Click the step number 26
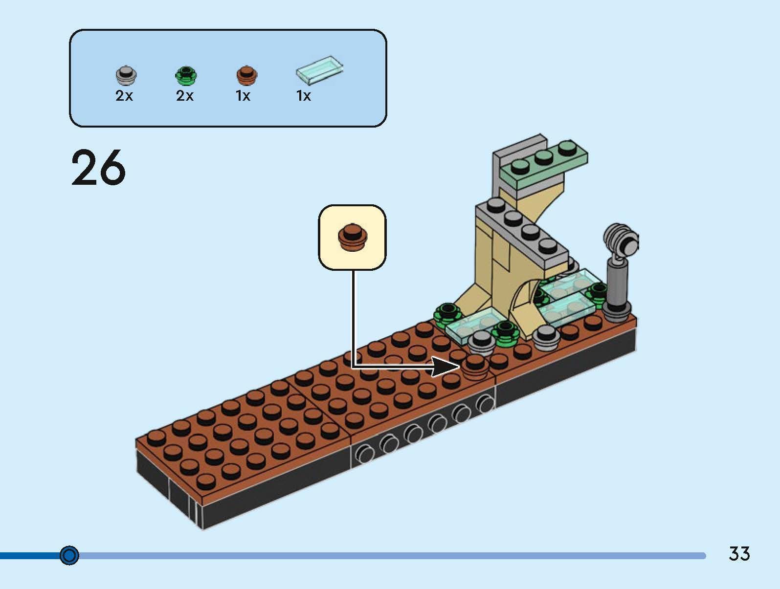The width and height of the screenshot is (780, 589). tap(98, 168)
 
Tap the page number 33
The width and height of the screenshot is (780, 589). tap(739, 554)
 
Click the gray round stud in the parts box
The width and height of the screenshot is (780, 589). tap(126, 75)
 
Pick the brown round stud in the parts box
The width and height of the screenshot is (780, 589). tap(247, 75)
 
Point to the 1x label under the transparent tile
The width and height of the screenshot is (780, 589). tap(304, 96)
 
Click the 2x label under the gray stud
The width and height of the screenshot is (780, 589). tap(124, 96)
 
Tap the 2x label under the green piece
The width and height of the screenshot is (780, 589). tap(185, 96)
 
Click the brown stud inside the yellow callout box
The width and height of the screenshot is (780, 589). tap(352, 237)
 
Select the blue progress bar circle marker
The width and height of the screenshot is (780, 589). tap(69, 556)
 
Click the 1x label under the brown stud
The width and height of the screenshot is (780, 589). tap(243, 96)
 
